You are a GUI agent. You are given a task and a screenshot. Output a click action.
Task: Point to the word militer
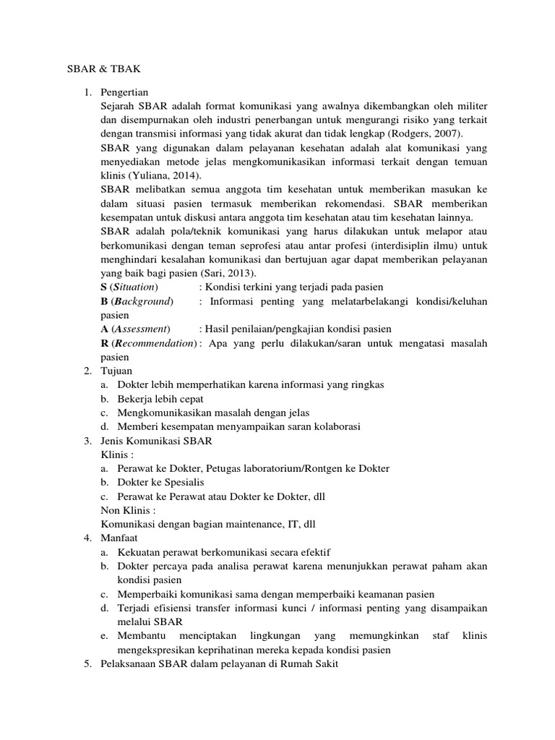[470, 107]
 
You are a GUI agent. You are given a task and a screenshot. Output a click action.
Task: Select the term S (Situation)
[129, 287]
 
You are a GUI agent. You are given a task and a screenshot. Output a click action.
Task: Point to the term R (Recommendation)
[148, 343]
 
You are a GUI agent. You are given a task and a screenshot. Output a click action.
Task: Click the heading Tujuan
[116, 371]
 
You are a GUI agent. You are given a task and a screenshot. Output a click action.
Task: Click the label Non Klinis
[128, 510]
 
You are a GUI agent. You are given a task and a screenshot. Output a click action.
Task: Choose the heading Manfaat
[119, 538]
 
